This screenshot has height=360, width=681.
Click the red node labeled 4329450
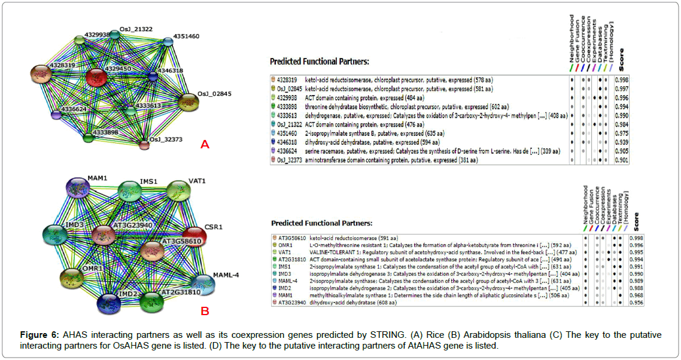coord(96,78)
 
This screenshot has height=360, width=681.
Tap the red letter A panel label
coord(205,144)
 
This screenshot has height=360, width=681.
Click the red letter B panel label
coord(204,310)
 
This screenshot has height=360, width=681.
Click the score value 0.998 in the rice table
coord(622,79)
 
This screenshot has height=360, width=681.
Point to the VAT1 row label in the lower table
coord(285,252)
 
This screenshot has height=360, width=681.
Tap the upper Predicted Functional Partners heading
coord(319,62)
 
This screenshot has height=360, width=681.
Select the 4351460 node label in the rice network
coord(186,36)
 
